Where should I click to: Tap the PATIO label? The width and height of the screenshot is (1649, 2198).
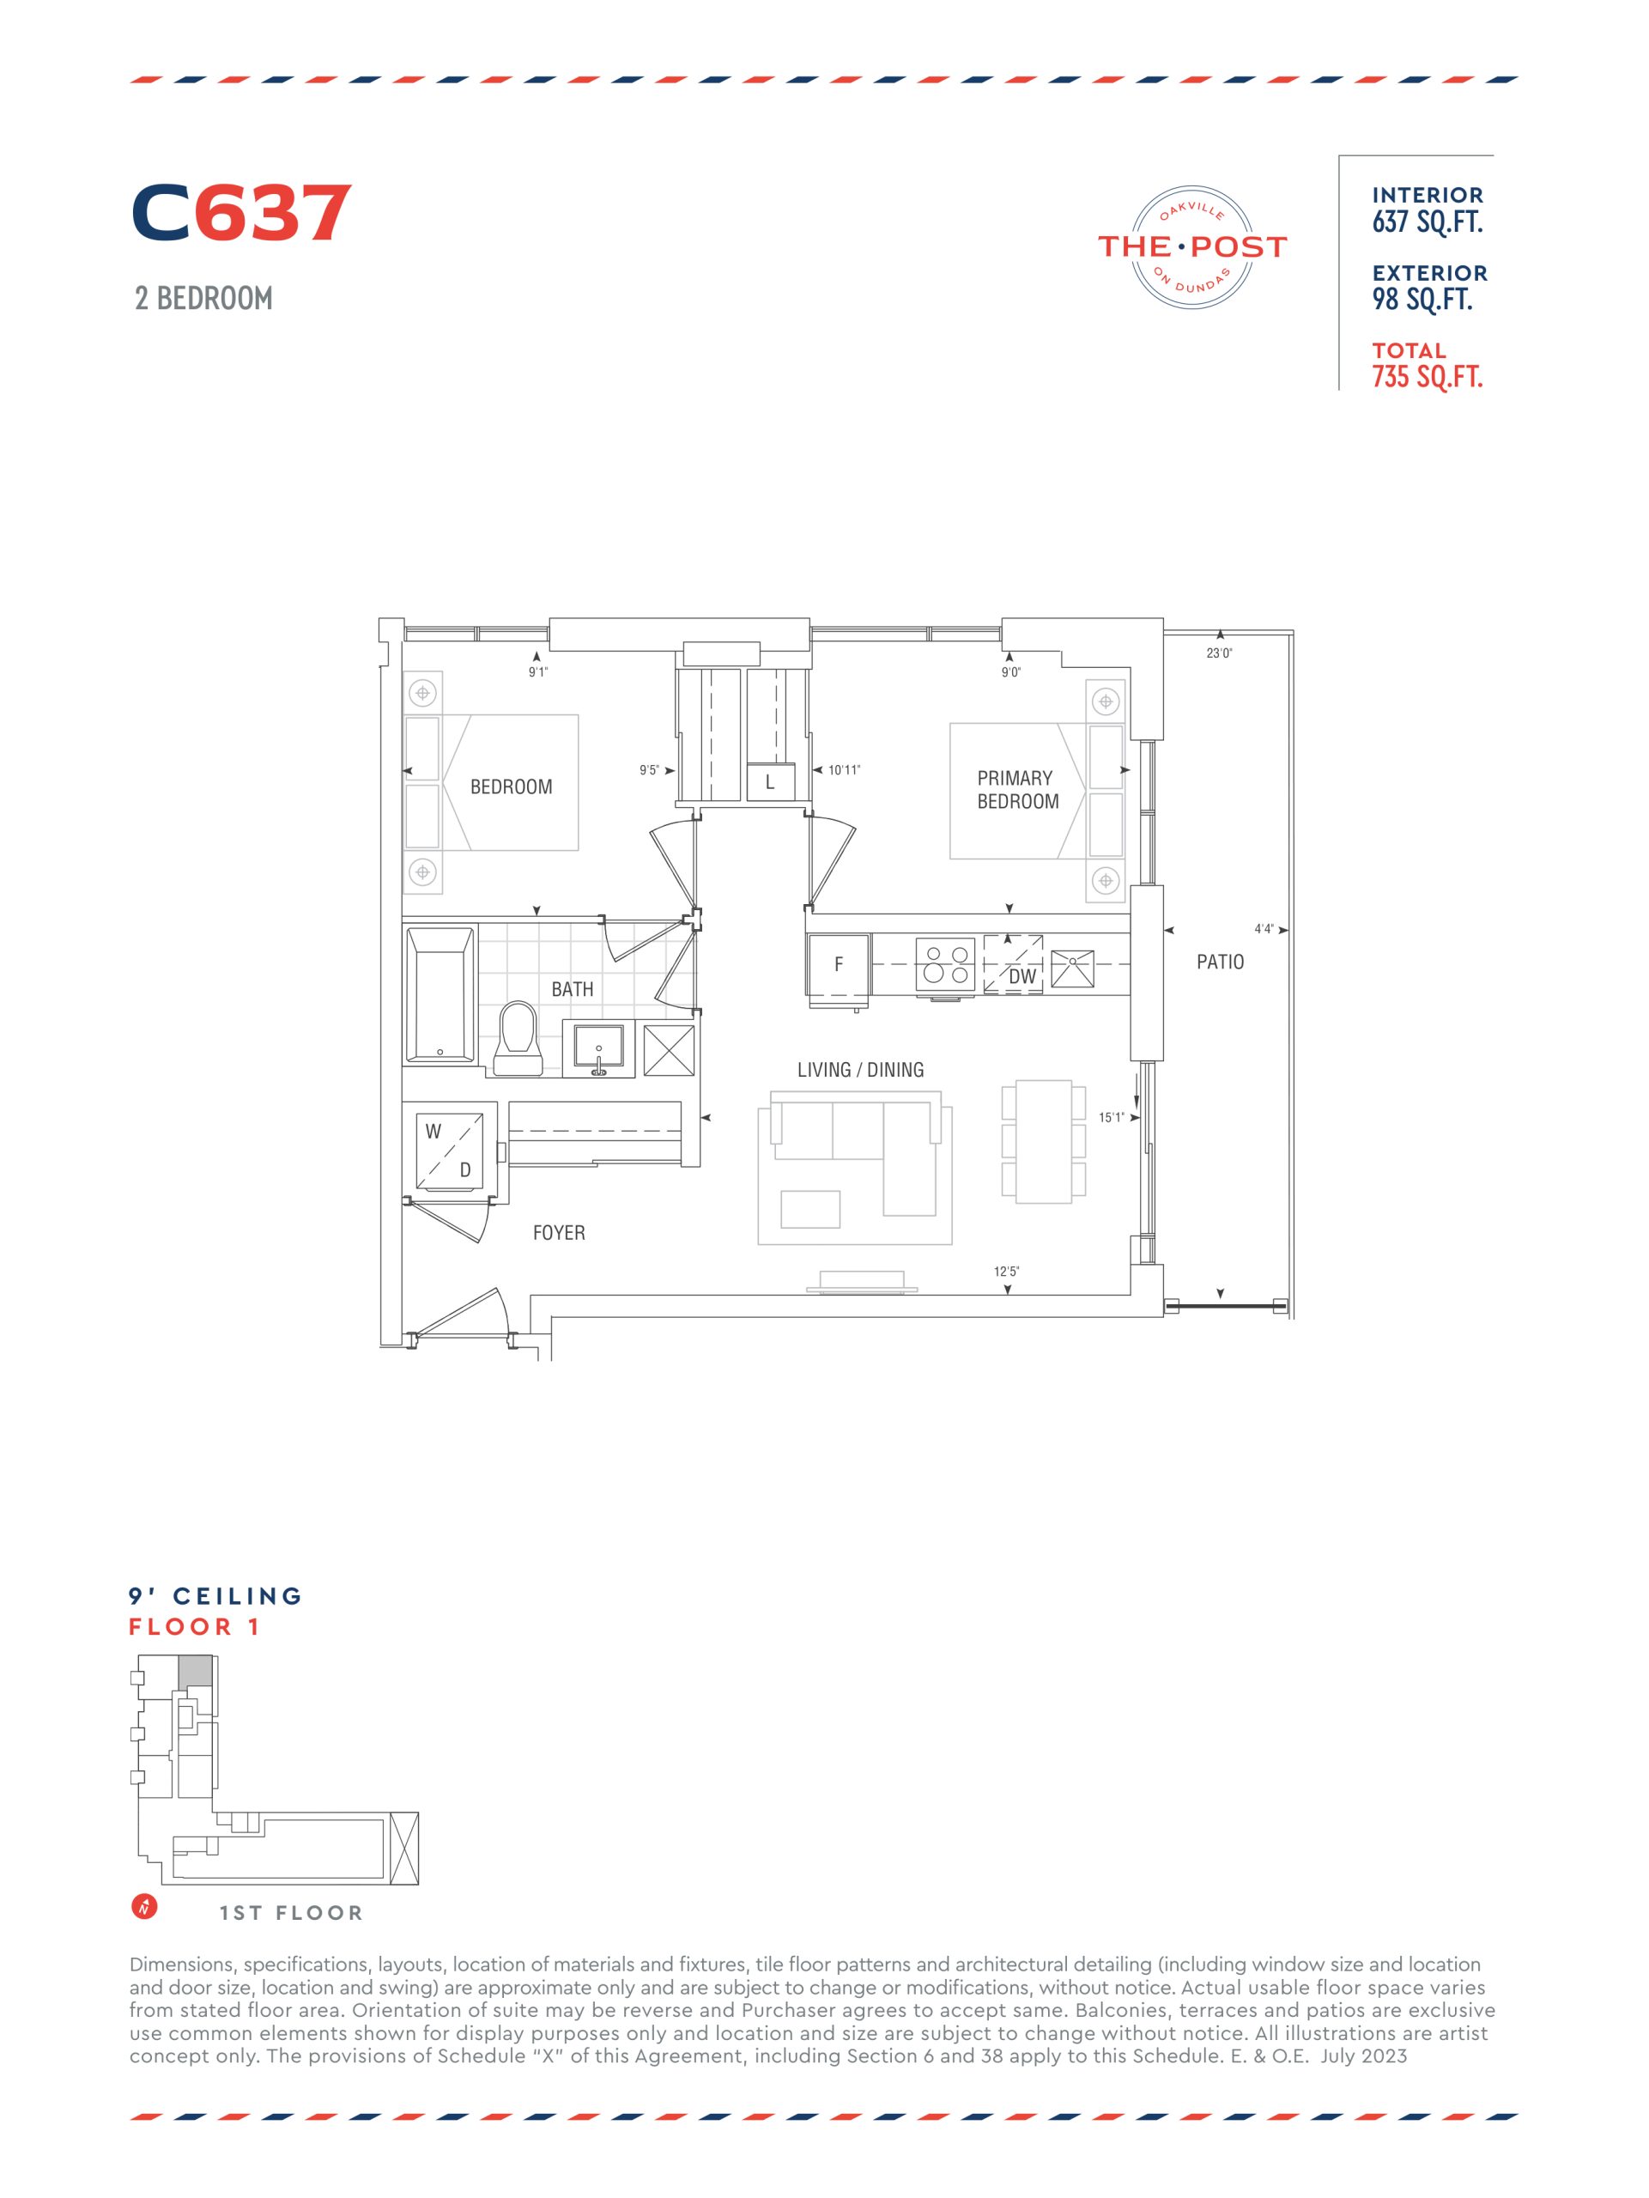(x=1220, y=962)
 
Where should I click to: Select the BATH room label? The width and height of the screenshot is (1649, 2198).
(x=573, y=989)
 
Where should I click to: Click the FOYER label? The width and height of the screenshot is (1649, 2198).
(x=558, y=1232)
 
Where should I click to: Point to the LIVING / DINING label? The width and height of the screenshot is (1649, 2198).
(x=860, y=1069)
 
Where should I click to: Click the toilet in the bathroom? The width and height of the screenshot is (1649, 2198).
(x=517, y=1037)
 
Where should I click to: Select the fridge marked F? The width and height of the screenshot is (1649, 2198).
(x=839, y=964)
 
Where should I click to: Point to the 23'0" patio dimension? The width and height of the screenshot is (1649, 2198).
(x=1219, y=653)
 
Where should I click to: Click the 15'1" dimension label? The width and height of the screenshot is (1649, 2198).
(x=1111, y=1117)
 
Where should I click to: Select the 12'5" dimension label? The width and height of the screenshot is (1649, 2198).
(x=1006, y=1271)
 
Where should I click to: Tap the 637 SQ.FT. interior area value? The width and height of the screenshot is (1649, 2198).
(x=1427, y=222)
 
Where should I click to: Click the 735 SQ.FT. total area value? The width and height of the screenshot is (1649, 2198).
(x=1427, y=378)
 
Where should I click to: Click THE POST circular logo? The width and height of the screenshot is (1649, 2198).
(x=1192, y=246)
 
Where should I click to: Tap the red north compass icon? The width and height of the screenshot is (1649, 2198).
(x=145, y=1907)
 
